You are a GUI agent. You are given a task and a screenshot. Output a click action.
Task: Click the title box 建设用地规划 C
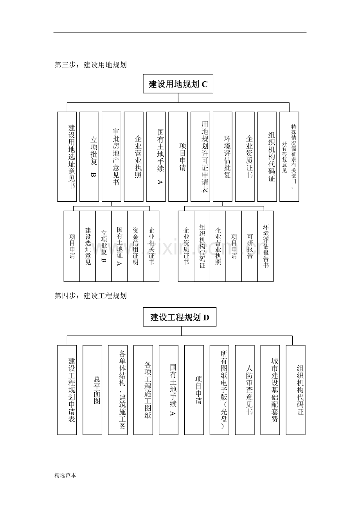(x=178, y=84)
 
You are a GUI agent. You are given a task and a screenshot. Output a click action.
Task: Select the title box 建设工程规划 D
(x=180, y=317)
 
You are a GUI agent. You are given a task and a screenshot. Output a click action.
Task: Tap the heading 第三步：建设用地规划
(x=90, y=65)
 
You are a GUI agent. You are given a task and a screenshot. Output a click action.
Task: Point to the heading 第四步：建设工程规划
(x=90, y=296)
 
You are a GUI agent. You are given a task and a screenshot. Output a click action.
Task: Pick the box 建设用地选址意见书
(x=67, y=156)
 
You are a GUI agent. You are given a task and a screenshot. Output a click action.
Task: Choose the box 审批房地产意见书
(x=112, y=156)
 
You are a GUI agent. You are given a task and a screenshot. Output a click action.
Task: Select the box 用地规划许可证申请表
(x=200, y=156)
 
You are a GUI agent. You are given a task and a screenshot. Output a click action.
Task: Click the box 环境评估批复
(x=222, y=156)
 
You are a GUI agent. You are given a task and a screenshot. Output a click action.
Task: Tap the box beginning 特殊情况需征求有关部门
(x=289, y=156)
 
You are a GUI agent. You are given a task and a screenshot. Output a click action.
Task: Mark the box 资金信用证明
(x=135, y=246)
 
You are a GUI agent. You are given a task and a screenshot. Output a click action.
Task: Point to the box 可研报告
(x=250, y=246)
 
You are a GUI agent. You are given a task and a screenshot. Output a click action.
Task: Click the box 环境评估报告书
(x=265, y=246)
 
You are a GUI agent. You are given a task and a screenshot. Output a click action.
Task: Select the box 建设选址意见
(x=88, y=246)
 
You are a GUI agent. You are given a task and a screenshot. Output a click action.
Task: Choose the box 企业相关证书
(x=151, y=246)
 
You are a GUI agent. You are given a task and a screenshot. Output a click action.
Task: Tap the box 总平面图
(x=92, y=390)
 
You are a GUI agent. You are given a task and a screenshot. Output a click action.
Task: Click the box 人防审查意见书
(x=245, y=390)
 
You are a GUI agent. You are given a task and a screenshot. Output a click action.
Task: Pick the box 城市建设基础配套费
(x=270, y=390)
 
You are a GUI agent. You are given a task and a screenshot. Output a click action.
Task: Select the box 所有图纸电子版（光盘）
(x=219, y=390)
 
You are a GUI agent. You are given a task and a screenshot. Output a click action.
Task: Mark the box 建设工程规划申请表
(x=67, y=390)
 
